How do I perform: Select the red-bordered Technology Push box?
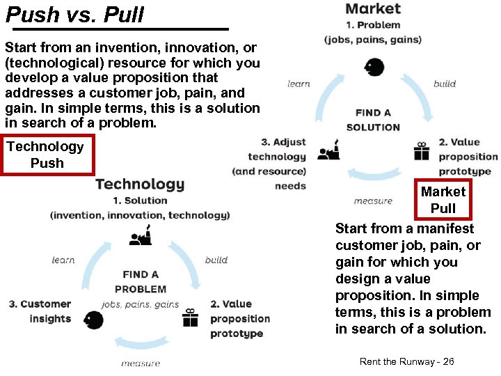[47, 155]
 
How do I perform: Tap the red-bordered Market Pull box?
[443, 200]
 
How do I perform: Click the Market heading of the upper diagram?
[373, 8]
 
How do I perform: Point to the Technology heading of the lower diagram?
[140, 184]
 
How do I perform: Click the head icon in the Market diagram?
[374, 68]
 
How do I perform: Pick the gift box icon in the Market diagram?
[422, 151]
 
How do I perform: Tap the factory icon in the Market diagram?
[328, 151]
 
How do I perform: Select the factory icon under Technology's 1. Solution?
[141, 236]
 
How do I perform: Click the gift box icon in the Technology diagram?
[190, 318]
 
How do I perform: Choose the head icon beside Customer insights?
[93, 320]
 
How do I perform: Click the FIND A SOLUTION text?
[373, 120]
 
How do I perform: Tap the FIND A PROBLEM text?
[141, 282]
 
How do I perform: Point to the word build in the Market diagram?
[445, 84]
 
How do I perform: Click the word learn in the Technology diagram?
[63, 260]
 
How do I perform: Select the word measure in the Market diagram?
[373, 201]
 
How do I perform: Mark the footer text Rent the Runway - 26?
[407, 361]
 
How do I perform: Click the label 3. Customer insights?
[40, 311]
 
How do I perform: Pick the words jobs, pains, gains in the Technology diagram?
[141, 304]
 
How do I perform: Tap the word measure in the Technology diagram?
[141, 363]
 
